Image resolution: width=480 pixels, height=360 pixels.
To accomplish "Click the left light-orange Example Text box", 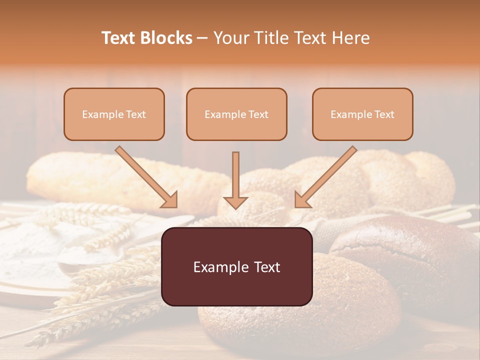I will point(114,114).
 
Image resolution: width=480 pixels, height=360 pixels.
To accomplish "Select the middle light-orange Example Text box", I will point(236,114).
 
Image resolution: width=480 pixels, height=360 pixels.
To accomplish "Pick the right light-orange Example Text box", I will point(362,114).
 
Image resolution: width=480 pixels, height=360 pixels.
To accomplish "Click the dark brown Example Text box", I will point(236,266).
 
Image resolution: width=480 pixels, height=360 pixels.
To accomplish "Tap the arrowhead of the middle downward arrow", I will point(235,202).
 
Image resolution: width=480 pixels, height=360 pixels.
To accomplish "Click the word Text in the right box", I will point(384,114).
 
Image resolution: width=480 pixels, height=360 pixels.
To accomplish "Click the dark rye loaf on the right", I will point(415,255).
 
